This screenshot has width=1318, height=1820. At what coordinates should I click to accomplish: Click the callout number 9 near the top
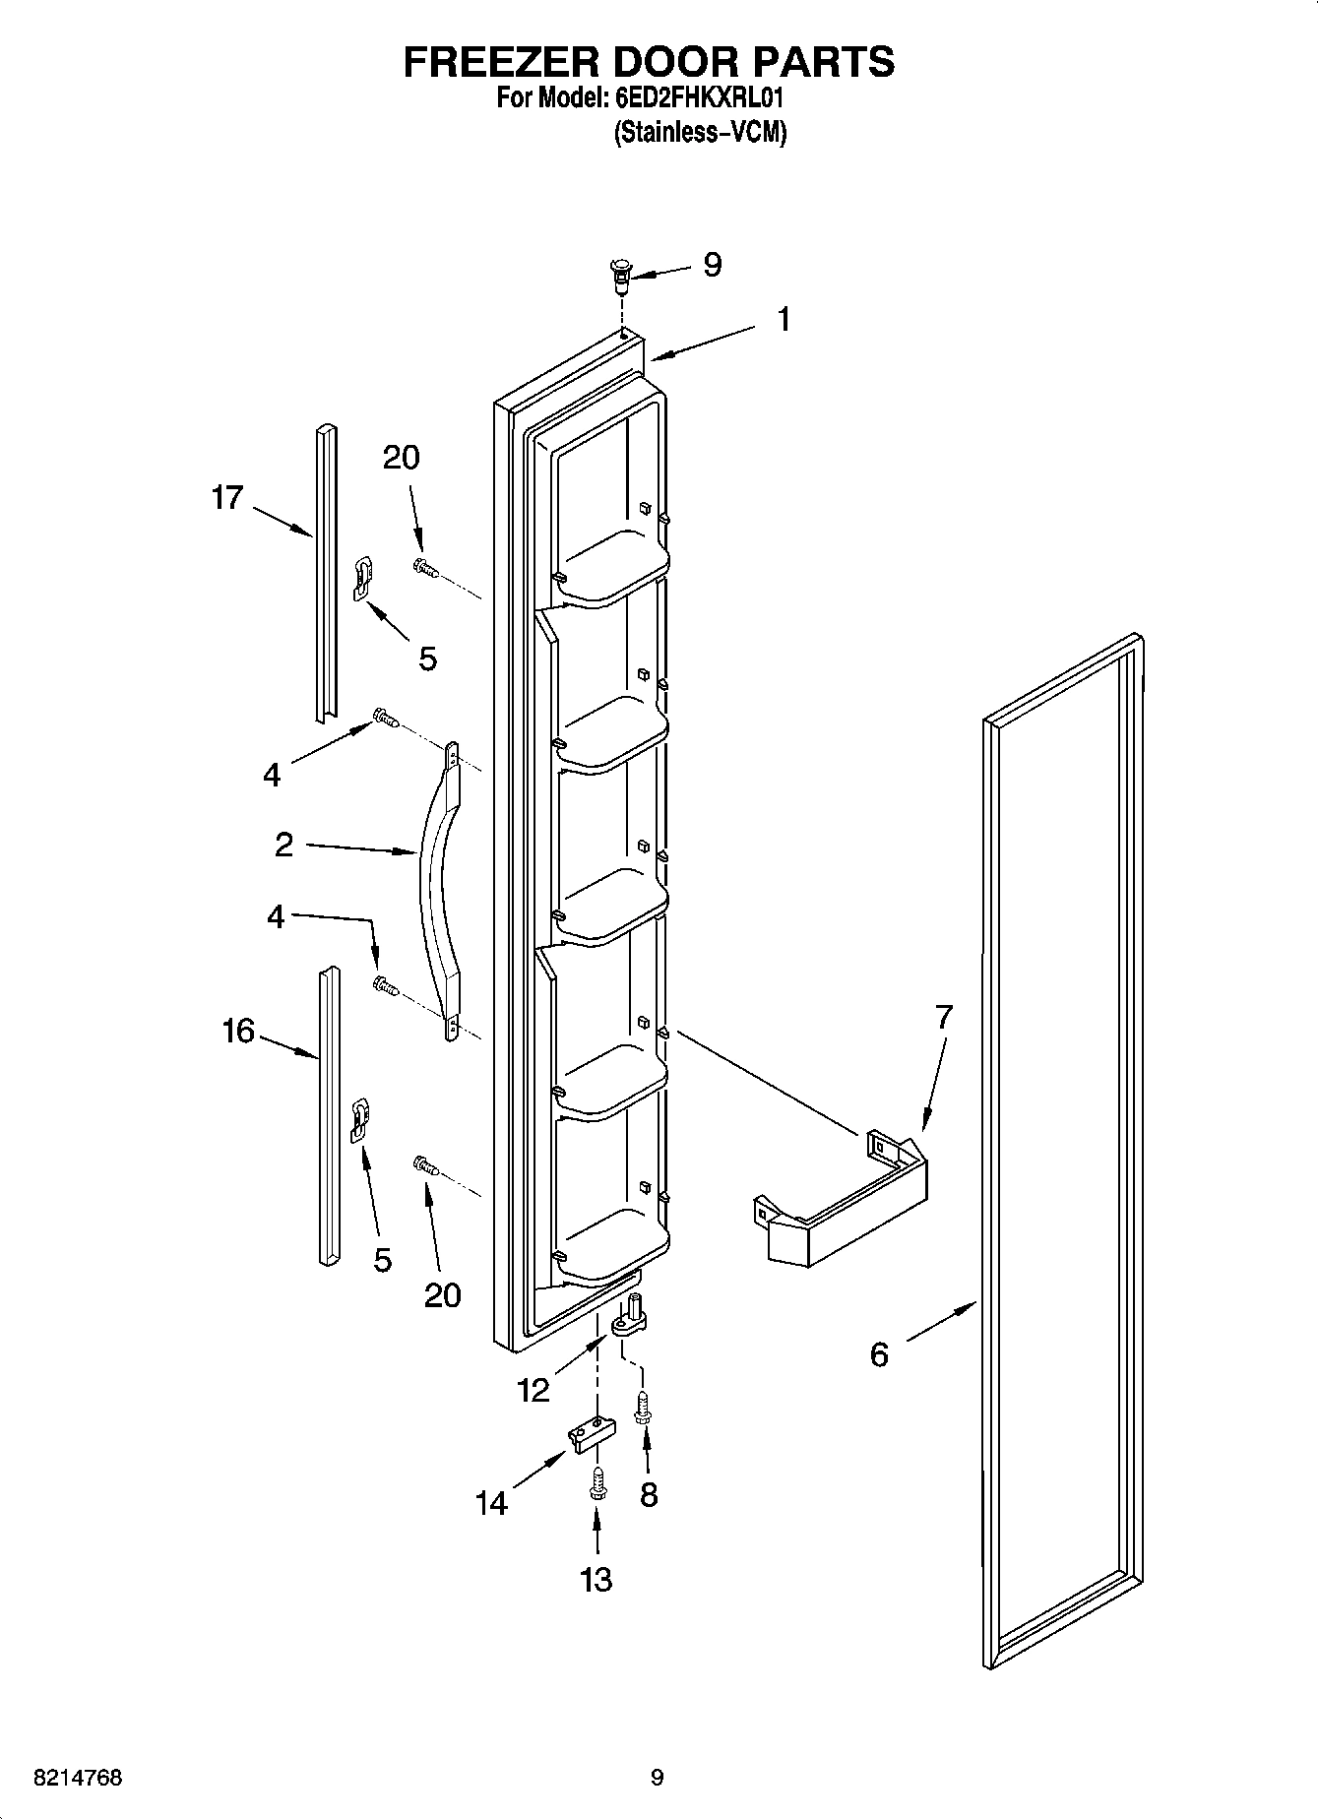(713, 265)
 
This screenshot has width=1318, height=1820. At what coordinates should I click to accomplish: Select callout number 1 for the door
(784, 320)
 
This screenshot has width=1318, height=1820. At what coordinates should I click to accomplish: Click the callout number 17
(227, 498)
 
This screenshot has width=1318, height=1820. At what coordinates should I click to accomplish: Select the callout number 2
(283, 845)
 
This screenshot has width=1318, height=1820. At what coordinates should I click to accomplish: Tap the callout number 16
(238, 1032)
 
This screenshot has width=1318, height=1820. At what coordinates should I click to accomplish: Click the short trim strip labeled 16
(328, 1112)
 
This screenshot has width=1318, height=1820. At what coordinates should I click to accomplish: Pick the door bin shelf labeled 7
(847, 1201)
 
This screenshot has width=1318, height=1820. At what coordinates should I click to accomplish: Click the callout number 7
(943, 1017)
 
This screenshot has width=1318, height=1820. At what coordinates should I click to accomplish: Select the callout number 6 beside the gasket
(879, 1354)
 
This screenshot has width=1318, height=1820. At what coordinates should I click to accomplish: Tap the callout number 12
(533, 1390)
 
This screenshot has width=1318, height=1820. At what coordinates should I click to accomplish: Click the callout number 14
(491, 1503)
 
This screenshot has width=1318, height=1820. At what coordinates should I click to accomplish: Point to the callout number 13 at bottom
(596, 1579)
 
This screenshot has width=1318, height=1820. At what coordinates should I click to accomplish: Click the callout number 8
(648, 1495)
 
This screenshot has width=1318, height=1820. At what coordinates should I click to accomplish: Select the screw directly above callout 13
(596, 1483)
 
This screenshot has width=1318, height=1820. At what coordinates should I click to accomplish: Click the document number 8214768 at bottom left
(78, 1778)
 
